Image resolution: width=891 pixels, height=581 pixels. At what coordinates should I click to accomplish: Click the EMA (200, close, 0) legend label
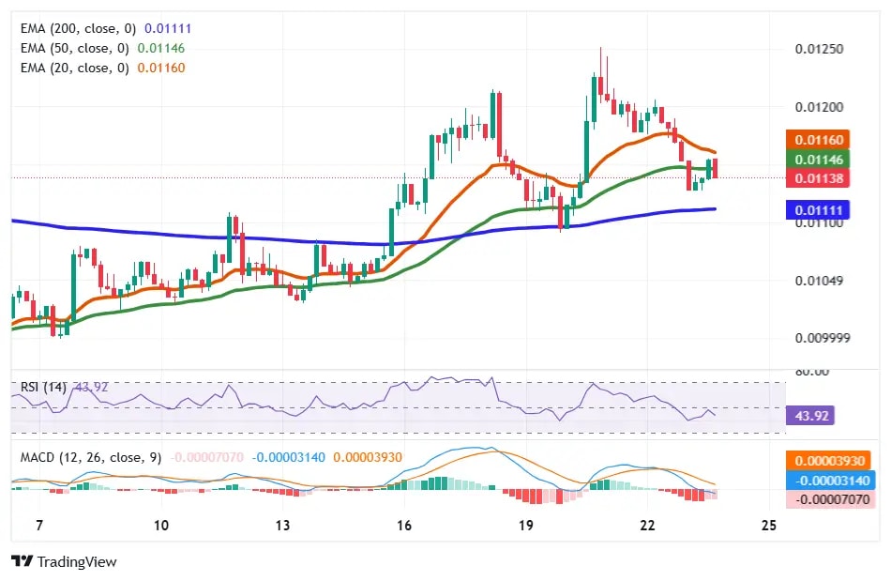click(80, 29)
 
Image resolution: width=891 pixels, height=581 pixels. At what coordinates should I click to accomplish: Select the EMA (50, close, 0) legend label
click(76, 48)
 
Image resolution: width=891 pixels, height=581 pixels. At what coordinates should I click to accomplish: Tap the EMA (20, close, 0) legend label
click(76, 67)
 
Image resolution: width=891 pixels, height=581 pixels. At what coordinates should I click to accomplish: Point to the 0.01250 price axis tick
click(818, 49)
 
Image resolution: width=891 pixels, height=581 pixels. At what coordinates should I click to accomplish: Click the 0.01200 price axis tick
click(818, 107)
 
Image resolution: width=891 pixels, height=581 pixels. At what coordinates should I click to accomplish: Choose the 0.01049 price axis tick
click(818, 281)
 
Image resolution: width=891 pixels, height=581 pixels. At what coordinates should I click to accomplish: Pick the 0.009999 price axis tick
click(822, 338)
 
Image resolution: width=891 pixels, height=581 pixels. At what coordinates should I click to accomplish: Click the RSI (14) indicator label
click(43, 386)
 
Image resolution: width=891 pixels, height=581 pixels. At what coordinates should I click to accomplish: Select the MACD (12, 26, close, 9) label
click(91, 457)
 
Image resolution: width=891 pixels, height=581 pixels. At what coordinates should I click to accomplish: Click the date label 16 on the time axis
click(404, 525)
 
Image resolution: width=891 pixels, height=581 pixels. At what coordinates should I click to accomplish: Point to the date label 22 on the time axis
click(647, 525)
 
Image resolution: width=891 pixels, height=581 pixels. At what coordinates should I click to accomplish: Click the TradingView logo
click(65, 561)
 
